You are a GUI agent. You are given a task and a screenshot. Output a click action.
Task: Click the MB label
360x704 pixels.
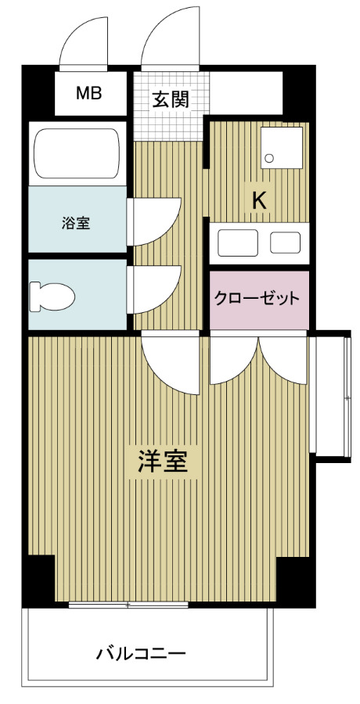pos(89,94)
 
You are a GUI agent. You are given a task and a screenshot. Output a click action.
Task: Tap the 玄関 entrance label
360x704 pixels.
pos(170,100)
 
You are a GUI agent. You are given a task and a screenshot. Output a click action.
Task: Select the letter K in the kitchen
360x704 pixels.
pos(259,199)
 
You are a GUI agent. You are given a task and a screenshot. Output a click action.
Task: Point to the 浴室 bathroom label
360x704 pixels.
pos(76,223)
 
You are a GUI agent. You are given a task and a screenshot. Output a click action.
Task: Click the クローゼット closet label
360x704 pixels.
pos(258,298)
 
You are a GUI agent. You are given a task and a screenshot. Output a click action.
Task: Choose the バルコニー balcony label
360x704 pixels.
pos(142,652)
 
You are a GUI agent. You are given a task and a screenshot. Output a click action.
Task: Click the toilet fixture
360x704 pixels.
pos(52,296)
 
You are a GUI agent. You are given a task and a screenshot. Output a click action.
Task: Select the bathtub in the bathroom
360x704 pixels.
pos(76,153)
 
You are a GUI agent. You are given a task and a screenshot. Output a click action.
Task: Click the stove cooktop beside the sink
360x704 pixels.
pos(285,242)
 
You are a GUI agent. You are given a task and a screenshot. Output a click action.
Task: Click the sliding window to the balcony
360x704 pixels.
pos(128,605)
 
